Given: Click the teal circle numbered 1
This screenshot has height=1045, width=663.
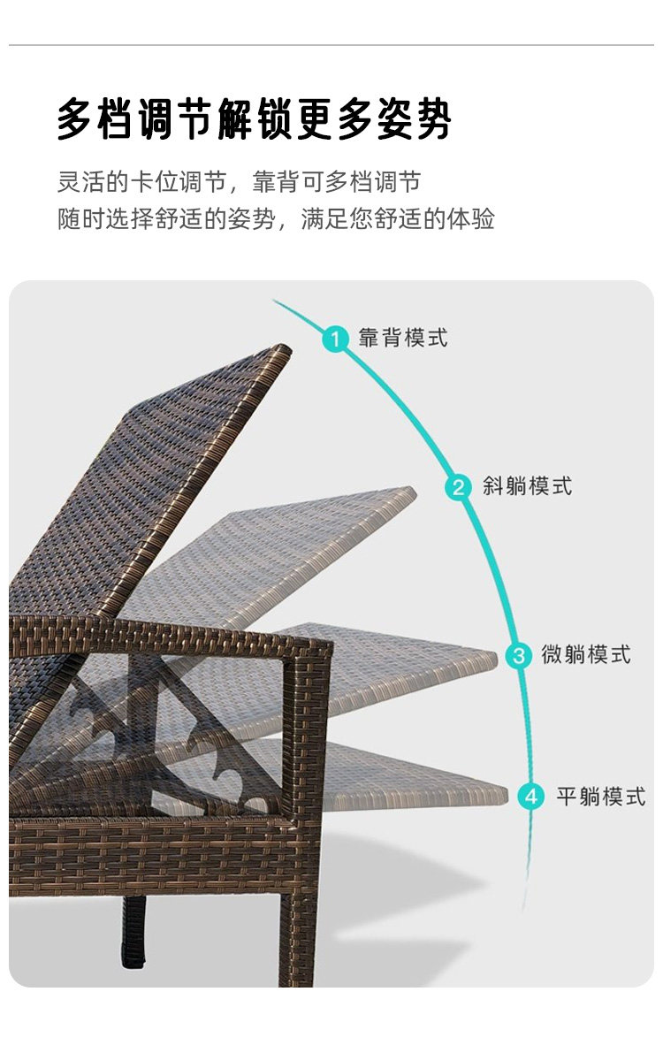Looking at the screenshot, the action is point(336,338).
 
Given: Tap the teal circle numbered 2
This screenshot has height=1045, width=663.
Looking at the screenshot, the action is point(459,486).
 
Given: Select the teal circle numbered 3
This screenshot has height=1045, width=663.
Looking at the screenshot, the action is point(519,655).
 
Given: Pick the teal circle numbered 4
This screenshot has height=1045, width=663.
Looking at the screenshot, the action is point(531,796).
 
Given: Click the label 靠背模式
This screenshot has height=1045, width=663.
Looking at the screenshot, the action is point(403,338).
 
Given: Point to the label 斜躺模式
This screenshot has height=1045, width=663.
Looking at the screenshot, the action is point(527,486).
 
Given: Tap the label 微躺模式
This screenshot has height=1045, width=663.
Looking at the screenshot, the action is point(586,655).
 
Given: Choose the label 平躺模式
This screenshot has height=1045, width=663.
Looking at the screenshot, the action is point(601,796).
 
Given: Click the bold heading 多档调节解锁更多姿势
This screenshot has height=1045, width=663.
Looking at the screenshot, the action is point(255,120).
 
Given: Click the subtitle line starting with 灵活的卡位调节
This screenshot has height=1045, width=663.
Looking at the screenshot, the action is point(239,183).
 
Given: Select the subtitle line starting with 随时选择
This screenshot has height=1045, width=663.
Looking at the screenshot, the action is point(276,219).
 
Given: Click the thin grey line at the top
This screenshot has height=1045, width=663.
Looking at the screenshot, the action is point(331,45).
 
